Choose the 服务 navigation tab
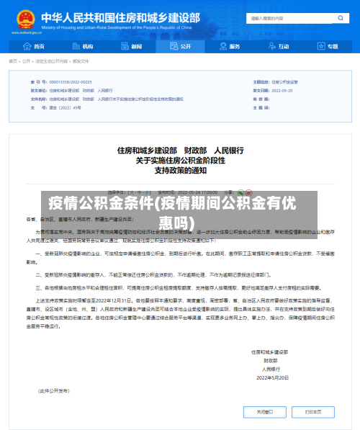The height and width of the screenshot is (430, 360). pos(230,46)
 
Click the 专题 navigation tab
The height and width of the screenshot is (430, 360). pos(328,46)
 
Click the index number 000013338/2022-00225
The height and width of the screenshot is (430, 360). pos(71,83)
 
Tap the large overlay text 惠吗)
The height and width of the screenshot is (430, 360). pos(179,221)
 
